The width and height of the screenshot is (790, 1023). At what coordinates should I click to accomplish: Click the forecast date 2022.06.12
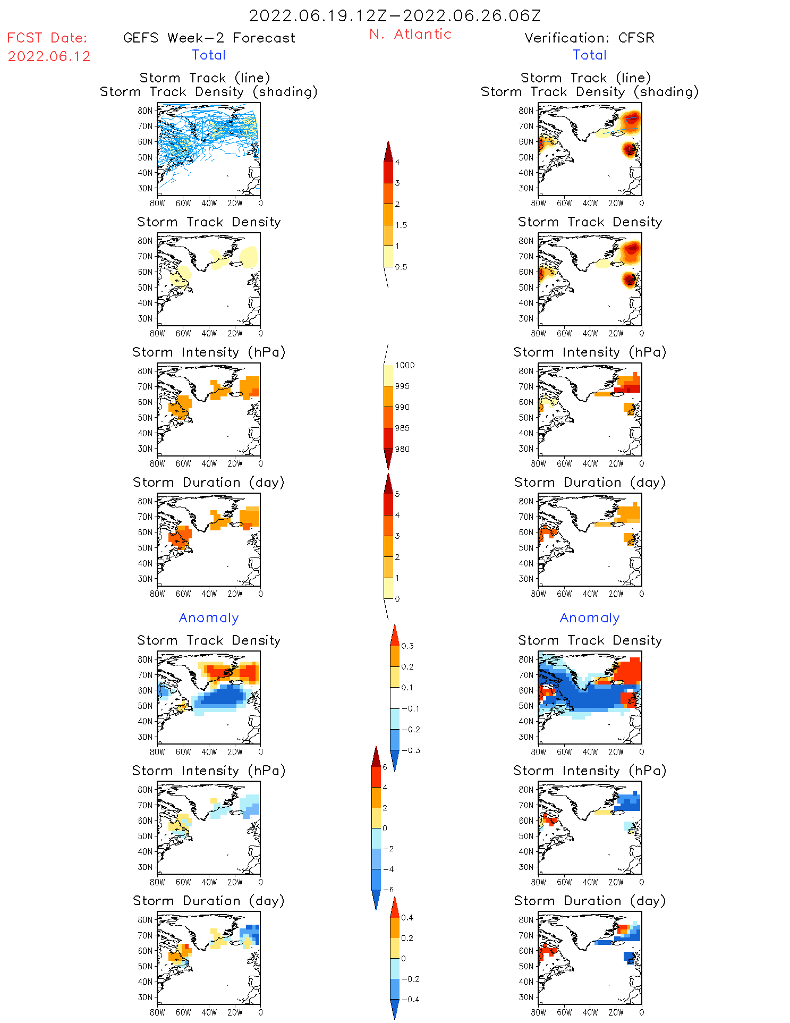point(49,56)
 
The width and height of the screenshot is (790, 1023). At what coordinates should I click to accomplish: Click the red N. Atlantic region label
point(410,34)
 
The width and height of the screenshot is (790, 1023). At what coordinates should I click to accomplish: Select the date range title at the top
point(395,15)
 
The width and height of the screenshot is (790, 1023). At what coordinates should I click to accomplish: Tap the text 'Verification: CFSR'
point(589,38)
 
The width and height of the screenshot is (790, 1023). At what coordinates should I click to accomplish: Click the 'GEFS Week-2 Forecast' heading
point(209,38)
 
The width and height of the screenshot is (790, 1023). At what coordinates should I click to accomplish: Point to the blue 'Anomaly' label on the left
point(209,618)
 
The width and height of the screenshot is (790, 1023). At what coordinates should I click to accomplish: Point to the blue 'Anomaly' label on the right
point(590,618)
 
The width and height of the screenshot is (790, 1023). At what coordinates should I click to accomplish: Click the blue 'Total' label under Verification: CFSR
point(590,55)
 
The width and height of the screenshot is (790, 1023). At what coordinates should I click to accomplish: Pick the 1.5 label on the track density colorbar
point(401,225)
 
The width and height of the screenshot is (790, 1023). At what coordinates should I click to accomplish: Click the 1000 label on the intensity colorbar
point(405,365)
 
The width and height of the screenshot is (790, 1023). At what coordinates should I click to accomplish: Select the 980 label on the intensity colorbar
point(402,449)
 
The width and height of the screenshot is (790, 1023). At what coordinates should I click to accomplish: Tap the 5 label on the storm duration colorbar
point(397,494)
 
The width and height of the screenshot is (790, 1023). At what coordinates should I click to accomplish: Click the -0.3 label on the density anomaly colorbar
point(411,750)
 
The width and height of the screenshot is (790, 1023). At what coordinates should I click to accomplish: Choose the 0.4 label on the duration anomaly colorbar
point(407,917)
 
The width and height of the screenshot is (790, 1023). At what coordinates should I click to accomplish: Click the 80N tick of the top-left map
point(145,111)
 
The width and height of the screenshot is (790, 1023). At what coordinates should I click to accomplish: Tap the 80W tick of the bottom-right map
point(539,1012)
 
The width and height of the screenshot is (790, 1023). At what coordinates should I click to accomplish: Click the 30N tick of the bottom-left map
point(145,997)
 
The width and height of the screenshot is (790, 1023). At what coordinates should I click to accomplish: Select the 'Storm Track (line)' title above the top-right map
point(585,78)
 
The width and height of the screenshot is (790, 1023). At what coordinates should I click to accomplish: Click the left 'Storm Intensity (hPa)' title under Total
point(209,352)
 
